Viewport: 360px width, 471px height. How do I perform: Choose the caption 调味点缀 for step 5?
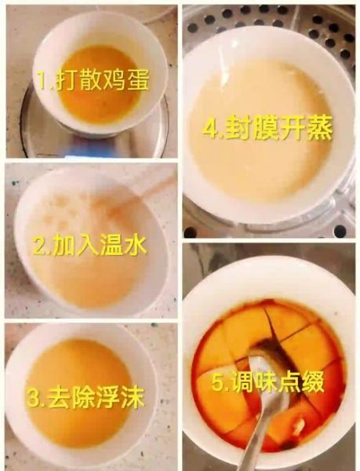270,383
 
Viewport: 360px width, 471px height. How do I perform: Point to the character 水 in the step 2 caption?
134,246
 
